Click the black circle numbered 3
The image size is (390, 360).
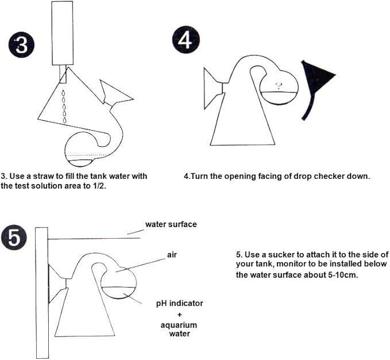[x=21, y=45]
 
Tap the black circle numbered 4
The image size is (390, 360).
[x=186, y=40]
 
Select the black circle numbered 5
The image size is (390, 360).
[x=13, y=237]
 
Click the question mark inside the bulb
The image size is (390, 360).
[x=279, y=86]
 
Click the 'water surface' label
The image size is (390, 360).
[x=171, y=224]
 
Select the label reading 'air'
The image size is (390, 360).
[x=172, y=255]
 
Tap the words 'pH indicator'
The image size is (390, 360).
[x=180, y=304]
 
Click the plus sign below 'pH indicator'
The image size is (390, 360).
[x=179, y=315]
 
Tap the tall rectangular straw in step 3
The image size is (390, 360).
[x=63, y=33]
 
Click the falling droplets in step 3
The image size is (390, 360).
[x=64, y=106]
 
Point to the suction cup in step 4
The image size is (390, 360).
[x=213, y=89]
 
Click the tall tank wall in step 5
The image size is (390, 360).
[x=42, y=293]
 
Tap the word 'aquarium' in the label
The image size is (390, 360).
[x=179, y=325]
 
